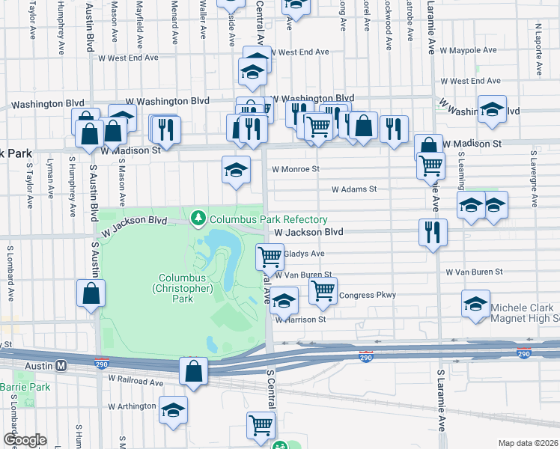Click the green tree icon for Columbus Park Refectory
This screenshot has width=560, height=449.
point(199,219)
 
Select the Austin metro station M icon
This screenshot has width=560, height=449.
point(62,366)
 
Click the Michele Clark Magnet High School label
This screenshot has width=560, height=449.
point(523,313)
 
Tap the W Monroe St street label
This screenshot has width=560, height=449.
point(295,170)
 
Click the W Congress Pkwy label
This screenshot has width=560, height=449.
point(367,296)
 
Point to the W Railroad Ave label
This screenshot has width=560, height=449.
point(136,382)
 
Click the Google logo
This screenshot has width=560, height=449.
point(24,440)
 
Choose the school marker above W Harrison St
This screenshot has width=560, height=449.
point(284,300)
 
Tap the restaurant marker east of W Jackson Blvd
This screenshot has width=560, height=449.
point(433,232)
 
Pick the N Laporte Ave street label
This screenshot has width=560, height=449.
point(538,49)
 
